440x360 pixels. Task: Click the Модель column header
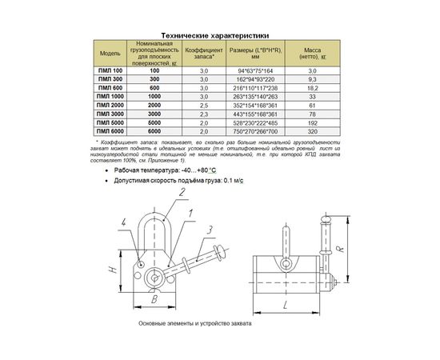[x=110, y=54]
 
